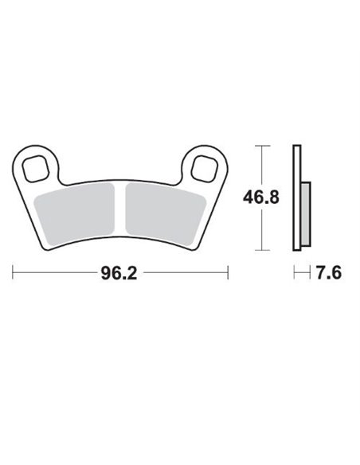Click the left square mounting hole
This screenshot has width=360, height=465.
pyautogui.click(x=37, y=169)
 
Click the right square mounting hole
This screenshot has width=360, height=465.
pyautogui.click(x=204, y=169)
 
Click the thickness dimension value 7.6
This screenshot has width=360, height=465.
pyautogui.click(x=329, y=273)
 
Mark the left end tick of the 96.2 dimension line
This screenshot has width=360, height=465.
pyautogui.click(x=13, y=272)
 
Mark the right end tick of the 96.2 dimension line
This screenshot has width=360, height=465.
pyautogui.click(x=229, y=272)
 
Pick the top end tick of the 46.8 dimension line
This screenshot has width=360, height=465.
pyautogui.click(x=264, y=146)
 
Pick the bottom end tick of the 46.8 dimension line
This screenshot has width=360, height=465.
pyautogui.click(x=264, y=248)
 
